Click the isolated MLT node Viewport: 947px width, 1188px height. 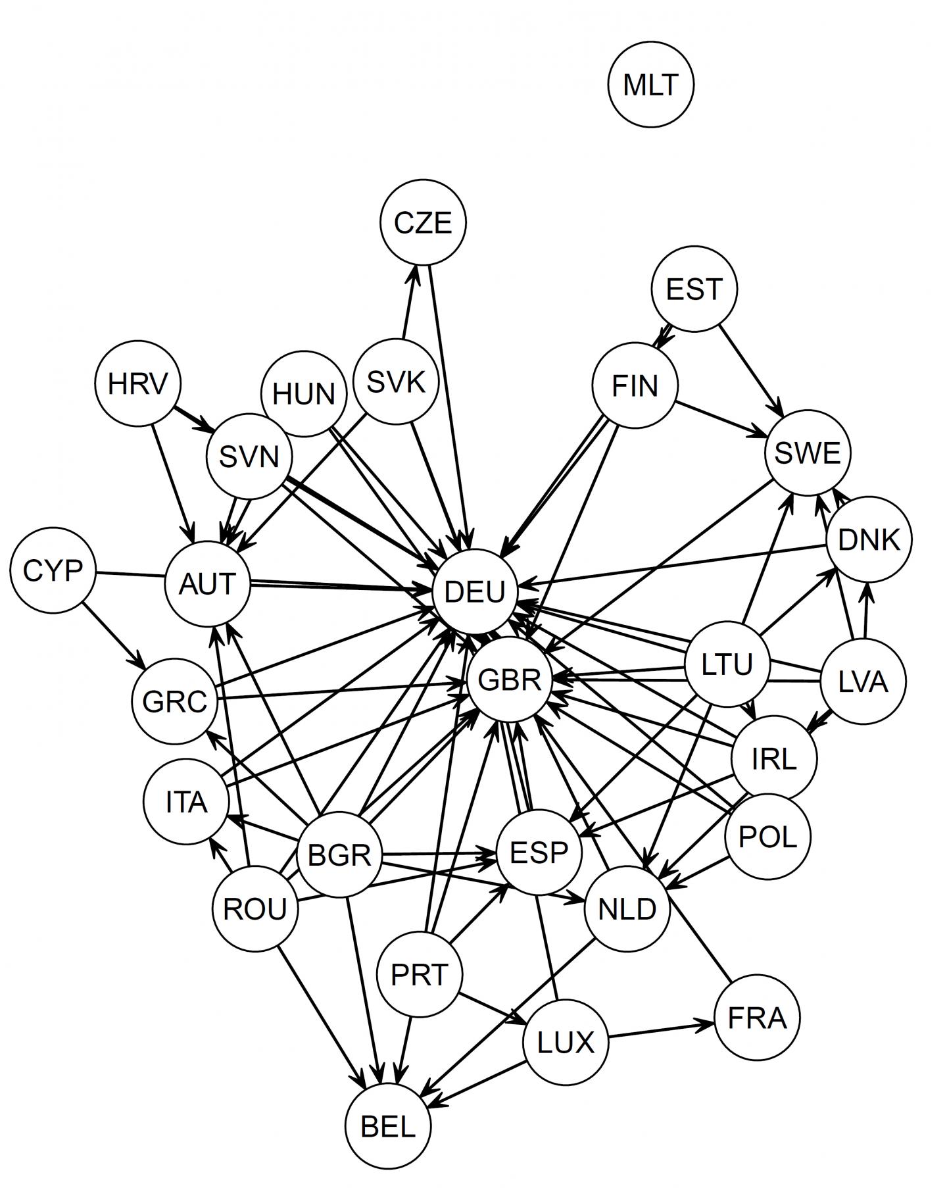[x=650, y=85]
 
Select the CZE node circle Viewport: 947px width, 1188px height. [x=423, y=223]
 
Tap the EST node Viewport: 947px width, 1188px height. [x=694, y=289]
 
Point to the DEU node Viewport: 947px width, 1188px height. [x=475, y=591]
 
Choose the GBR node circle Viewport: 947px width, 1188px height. [x=510, y=680]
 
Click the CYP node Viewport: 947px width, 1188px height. [x=53, y=571]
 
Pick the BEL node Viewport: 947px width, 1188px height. [x=388, y=1127]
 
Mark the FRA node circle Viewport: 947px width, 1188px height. [x=757, y=1018]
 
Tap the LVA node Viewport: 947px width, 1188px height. [x=863, y=682]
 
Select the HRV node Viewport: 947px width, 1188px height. [x=137, y=383]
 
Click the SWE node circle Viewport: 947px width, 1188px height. [x=808, y=453]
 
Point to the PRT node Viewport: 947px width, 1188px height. [x=420, y=974]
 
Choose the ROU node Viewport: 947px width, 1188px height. [x=255, y=909]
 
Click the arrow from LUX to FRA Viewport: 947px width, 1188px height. [x=660, y=1031]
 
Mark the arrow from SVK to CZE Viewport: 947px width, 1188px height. [x=408, y=302]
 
